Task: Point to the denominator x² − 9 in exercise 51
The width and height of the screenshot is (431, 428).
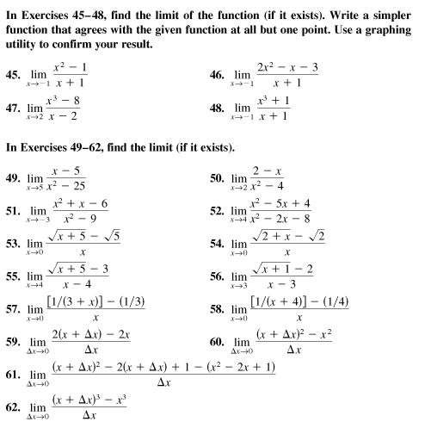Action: (x=76, y=218)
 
